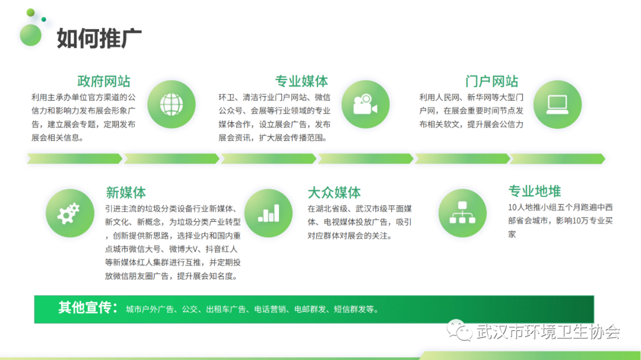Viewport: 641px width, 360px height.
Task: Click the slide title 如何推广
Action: point(99,39)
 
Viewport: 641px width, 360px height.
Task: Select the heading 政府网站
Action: point(104,81)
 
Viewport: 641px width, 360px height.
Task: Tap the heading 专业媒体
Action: point(302,81)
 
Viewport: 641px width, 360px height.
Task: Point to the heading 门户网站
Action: point(491,81)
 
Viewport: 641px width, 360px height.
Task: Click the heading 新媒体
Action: point(125,193)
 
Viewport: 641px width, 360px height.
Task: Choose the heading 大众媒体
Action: point(334,193)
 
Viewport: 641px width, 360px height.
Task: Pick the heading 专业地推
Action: point(534,191)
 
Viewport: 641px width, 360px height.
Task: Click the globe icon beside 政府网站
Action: point(172,104)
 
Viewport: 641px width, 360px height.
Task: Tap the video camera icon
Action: point(365,104)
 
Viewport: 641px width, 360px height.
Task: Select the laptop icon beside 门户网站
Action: point(557,104)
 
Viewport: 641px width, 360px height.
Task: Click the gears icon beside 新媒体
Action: point(70,213)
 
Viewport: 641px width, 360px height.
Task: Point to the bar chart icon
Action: point(269,213)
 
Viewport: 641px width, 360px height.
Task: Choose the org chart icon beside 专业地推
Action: point(462,213)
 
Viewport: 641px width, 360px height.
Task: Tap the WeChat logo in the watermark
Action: point(459,330)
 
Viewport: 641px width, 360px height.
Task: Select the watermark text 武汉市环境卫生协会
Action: point(548,332)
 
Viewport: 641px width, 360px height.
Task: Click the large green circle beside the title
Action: point(31,35)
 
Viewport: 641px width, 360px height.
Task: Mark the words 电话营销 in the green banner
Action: point(270,310)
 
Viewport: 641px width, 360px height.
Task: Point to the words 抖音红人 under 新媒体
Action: point(221,249)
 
